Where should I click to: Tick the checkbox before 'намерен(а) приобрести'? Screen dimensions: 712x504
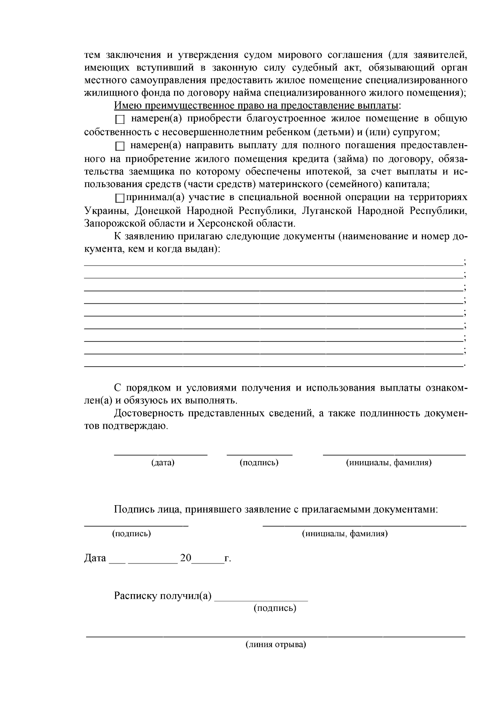point(120,120)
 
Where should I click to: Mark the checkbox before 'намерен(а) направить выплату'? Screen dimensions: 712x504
point(120,146)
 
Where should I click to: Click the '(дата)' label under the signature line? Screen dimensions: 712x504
point(163,463)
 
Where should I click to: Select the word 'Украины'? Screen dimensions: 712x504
point(105,211)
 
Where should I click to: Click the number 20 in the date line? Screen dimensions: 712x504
point(186,558)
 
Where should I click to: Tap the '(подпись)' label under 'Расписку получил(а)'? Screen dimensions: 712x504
point(275,608)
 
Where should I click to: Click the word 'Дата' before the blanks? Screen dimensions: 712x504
point(95,558)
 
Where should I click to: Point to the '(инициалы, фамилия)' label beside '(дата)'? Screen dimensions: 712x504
point(388,463)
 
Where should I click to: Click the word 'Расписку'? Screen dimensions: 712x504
point(135,596)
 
